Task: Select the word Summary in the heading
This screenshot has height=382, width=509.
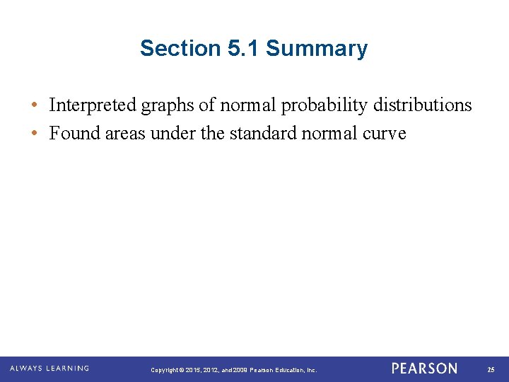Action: click(x=317, y=49)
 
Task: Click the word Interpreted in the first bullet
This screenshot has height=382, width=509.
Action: click(x=93, y=105)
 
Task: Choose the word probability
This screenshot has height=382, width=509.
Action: click(x=326, y=106)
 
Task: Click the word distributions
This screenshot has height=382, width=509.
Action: click(x=423, y=105)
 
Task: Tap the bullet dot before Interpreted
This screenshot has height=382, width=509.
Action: click(x=34, y=106)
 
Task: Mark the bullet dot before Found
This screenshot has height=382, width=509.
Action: click(x=34, y=134)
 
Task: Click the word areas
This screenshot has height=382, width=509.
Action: click(x=127, y=134)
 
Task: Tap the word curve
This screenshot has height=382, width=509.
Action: click(x=385, y=134)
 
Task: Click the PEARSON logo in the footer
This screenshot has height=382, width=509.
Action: click(x=424, y=369)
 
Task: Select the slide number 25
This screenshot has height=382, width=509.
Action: click(x=491, y=369)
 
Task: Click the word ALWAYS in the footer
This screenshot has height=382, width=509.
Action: click(x=26, y=369)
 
